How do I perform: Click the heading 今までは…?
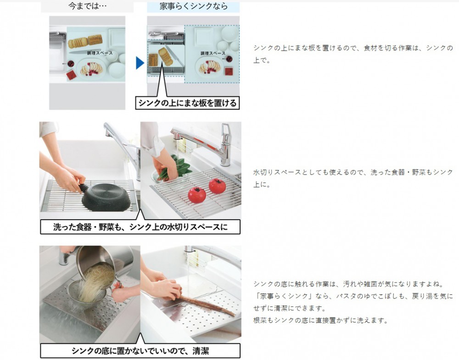click(87, 6)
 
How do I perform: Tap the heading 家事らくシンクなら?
click(193, 6)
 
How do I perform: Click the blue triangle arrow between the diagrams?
click(140, 63)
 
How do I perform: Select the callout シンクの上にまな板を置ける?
click(187, 103)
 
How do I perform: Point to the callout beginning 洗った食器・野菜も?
click(140, 227)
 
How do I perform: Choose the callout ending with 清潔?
click(140, 351)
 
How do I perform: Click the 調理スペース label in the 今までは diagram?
click(100, 53)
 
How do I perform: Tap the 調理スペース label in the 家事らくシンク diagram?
click(213, 53)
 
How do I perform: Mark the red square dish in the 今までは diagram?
click(71, 75)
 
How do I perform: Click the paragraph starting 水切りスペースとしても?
click(353, 178)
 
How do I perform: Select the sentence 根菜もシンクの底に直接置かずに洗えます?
click(320, 320)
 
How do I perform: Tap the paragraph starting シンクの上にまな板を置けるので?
click(353, 54)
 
